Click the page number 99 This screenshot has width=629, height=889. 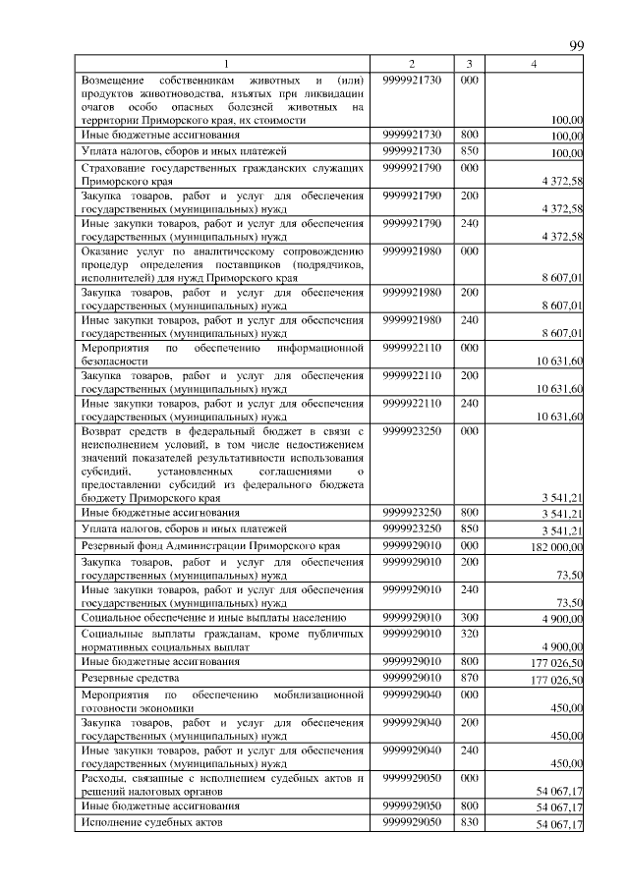pos(577,47)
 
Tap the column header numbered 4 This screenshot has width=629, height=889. pos(534,64)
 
